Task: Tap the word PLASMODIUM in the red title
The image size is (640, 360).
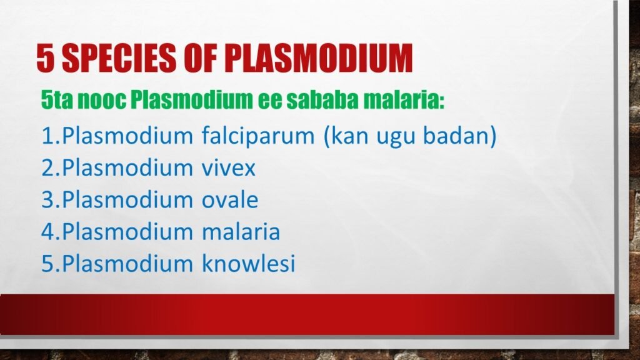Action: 319,59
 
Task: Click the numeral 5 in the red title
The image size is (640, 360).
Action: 45,59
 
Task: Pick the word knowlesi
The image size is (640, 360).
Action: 248,264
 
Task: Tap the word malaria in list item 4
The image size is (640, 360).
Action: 241,232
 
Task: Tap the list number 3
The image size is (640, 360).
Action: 48,200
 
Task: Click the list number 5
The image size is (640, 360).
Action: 48,264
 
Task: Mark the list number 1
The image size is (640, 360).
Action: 47,136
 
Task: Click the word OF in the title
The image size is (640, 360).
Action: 201,59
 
